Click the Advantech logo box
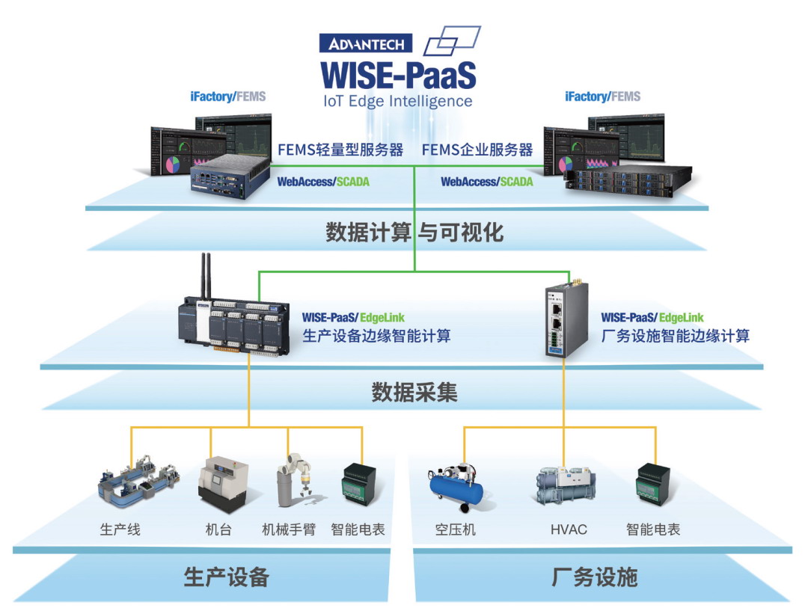click(x=366, y=43)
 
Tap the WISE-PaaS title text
click(x=398, y=76)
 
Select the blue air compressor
click(x=456, y=487)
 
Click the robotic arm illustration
click(x=296, y=480)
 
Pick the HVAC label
click(x=569, y=529)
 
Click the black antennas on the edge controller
click(x=206, y=276)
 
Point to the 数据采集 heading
click(x=414, y=393)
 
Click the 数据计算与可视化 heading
click(x=414, y=233)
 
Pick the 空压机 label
click(x=456, y=529)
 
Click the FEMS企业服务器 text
click(x=477, y=150)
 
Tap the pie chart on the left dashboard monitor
click(x=171, y=165)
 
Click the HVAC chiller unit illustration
click(x=566, y=485)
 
